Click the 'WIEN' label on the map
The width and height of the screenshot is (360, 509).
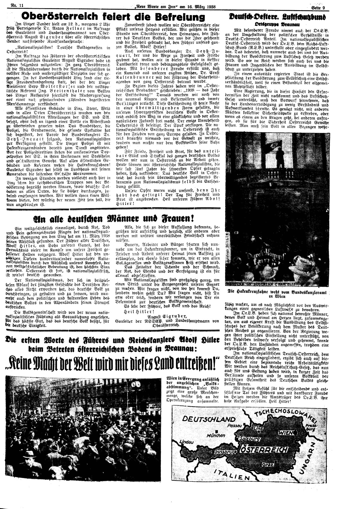click(x=285, y=432)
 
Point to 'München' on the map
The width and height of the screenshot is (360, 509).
click(x=216, y=435)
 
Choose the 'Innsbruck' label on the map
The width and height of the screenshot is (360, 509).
click(x=224, y=452)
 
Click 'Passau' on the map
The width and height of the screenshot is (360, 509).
click(x=235, y=425)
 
